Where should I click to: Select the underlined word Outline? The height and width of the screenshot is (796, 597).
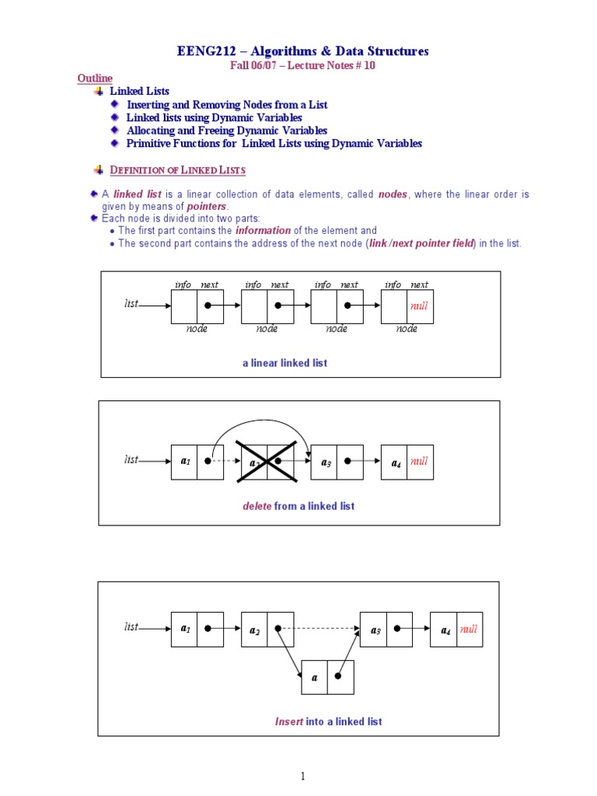pos(94,79)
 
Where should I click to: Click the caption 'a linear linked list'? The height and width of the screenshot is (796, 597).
pos(285,363)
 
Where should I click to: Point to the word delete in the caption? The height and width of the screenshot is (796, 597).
pos(257,506)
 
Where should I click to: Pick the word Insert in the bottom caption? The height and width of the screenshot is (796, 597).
pos(289,721)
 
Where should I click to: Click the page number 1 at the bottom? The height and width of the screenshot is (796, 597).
pos(303,776)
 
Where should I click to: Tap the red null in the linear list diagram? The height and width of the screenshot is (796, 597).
pos(419,306)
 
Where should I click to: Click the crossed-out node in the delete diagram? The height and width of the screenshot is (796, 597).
pos(267,462)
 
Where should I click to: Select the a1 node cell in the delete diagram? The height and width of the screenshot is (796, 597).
pos(185,462)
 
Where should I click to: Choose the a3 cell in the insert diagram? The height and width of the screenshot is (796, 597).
pos(374,630)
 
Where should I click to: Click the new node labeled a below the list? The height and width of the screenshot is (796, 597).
pos(315,677)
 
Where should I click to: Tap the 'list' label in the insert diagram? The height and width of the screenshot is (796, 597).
pos(131,627)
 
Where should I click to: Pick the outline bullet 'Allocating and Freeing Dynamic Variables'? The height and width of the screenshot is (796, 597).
pos(227,131)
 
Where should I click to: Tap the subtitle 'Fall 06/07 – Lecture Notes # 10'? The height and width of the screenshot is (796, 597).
pos(302,65)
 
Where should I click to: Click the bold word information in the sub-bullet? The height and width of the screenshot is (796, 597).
pos(263,231)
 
